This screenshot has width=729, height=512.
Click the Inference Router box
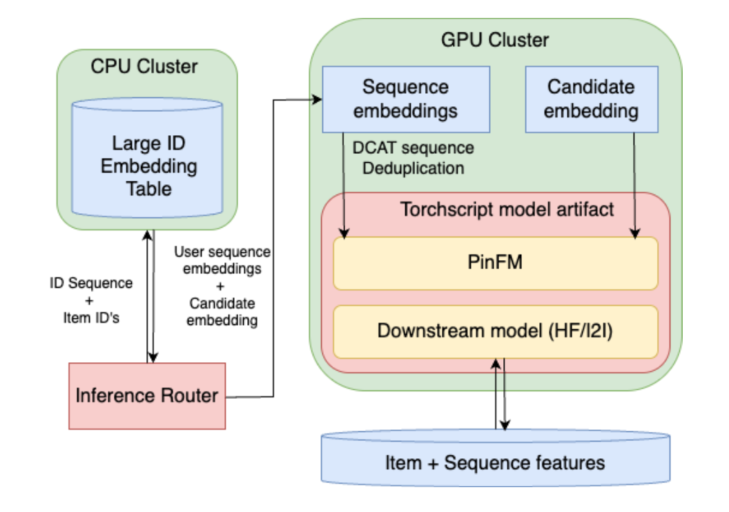[x=147, y=395]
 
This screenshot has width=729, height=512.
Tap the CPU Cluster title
[x=144, y=67]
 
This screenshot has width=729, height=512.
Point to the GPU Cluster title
[x=495, y=40]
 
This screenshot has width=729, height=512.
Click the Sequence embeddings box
[x=406, y=99]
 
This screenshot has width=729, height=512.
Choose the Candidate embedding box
[x=591, y=99]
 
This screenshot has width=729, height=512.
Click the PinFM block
[x=495, y=263]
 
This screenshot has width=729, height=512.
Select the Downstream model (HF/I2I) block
[x=495, y=331]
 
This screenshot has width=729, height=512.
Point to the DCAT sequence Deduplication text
[x=413, y=157]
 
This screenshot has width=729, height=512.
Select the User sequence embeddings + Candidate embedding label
[x=222, y=286]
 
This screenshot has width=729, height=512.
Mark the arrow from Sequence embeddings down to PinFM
[x=343, y=186]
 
